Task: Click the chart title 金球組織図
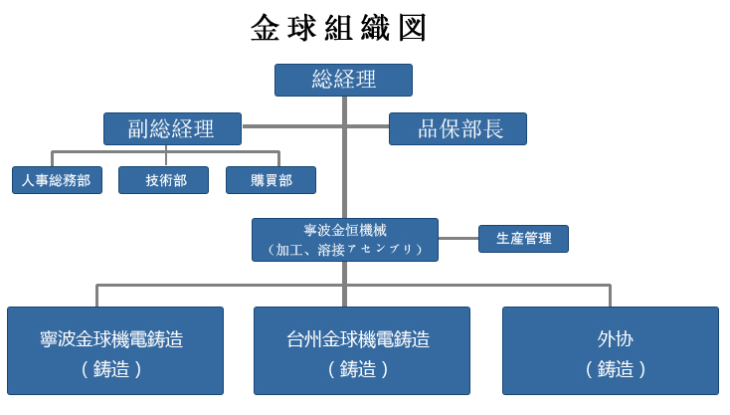point(338,28)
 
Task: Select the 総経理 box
point(343,80)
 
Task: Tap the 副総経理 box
point(172,129)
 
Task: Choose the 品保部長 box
point(458,129)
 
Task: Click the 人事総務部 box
point(57,180)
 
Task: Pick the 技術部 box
point(163,180)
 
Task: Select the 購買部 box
point(271,180)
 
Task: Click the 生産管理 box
point(524,239)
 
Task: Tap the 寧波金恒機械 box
point(345,240)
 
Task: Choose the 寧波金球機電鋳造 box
point(115,350)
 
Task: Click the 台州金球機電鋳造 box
point(362,350)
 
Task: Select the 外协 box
point(611,350)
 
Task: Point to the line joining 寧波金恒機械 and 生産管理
point(458,239)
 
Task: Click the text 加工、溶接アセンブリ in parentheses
point(345,250)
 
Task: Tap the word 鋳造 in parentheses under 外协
point(616,369)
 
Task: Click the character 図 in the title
point(413,28)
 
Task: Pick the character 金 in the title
point(265,28)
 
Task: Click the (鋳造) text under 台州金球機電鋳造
point(358,369)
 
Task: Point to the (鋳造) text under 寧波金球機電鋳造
point(111,369)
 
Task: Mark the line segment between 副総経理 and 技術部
point(166,155)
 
